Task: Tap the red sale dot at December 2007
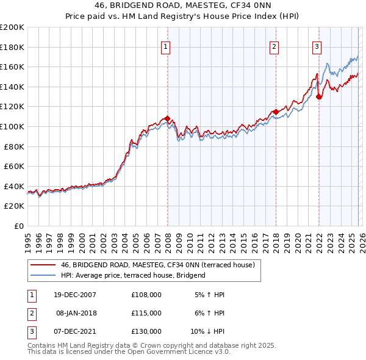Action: (x=167, y=119)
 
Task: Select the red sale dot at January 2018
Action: (x=276, y=112)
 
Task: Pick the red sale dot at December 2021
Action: (x=318, y=96)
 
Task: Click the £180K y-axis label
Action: (x=12, y=47)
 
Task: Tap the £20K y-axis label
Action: (x=15, y=206)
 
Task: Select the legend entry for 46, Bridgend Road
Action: (x=161, y=265)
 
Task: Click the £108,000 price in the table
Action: (x=146, y=295)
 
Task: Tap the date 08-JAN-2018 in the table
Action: (x=76, y=313)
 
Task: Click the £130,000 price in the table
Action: (x=146, y=331)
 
